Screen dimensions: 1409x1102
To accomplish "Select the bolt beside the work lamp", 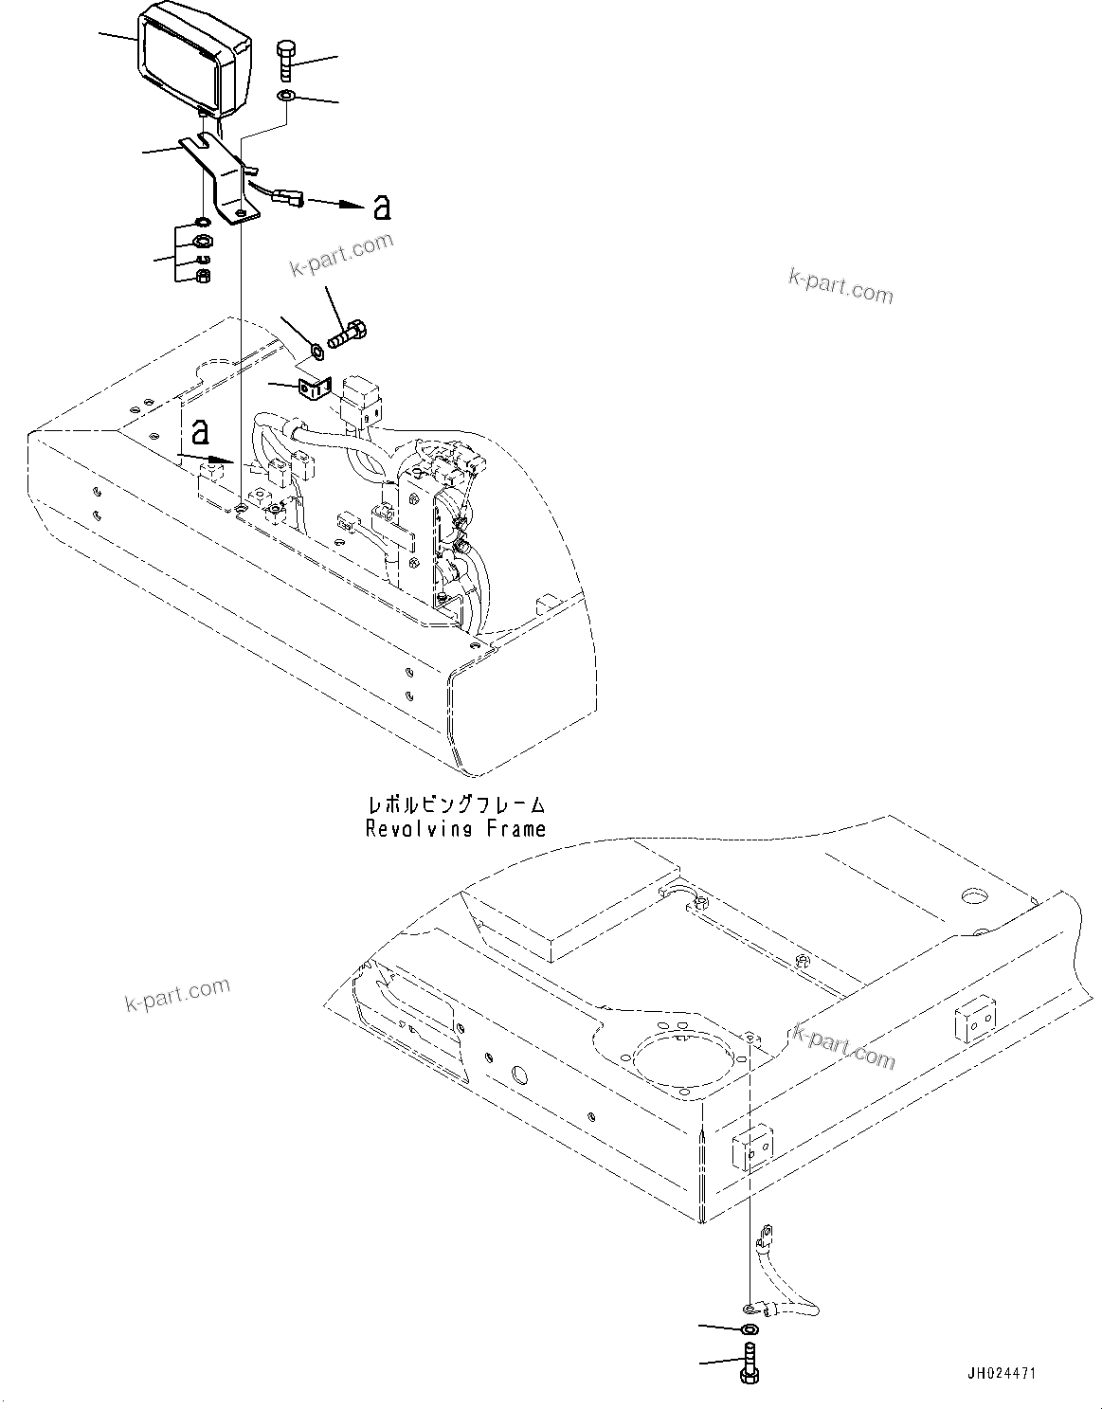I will coord(287,60).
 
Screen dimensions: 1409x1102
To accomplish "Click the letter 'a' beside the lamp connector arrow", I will coord(381,207).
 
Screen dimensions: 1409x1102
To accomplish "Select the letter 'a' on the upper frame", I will coord(199,431).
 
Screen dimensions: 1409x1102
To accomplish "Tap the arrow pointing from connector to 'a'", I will coord(335,203).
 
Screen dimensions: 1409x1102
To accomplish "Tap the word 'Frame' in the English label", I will coord(515,829).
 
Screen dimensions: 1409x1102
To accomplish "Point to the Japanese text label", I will coord(457,806).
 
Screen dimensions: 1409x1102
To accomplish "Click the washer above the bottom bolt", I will coord(750,1330).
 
